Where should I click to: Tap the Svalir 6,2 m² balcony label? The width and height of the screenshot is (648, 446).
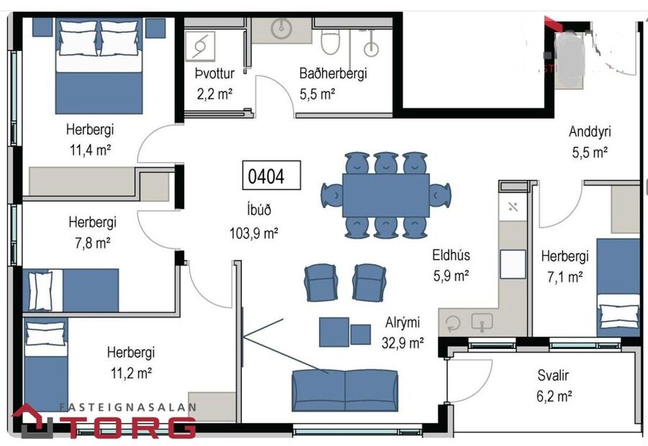coord(554,386)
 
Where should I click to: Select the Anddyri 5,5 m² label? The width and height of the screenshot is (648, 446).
coord(589,142)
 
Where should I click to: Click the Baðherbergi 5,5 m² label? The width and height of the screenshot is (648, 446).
coord(333,83)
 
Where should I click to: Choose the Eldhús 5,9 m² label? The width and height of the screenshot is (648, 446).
coord(451,264)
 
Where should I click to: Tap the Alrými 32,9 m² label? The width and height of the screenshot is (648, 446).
coord(402,332)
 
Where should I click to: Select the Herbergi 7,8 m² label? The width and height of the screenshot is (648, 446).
coord(92,232)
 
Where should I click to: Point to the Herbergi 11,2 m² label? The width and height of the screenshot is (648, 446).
coord(130,362)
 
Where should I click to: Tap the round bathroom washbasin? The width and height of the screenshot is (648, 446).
coord(281,29)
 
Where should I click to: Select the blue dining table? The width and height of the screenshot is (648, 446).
coord(385,195)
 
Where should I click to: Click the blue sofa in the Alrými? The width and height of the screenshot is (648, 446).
coord(344,389)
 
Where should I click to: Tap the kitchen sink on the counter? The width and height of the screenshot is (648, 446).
coord(481,323)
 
